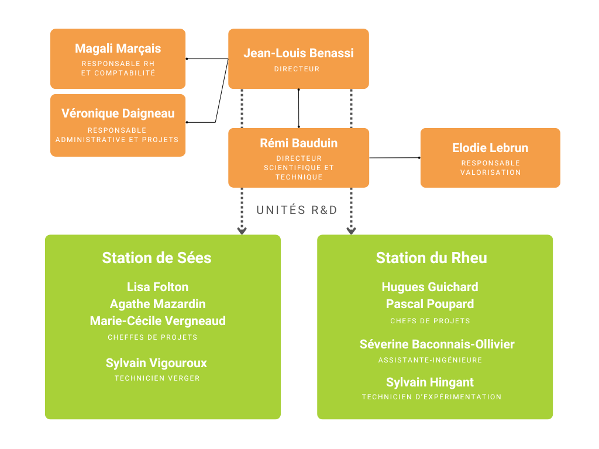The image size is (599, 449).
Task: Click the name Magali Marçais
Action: pyautogui.click(x=118, y=49)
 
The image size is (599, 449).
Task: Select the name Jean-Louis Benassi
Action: pyautogui.click(x=298, y=53)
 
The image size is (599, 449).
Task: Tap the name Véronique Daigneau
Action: pyautogui.click(x=118, y=114)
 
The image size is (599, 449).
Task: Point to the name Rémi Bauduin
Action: pyautogui.click(x=298, y=143)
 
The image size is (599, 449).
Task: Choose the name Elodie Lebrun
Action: pyautogui.click(x=490, y=148)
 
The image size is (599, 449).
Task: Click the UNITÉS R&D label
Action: pyautogui.click(x=297, y=210)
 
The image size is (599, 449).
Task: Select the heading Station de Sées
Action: pyautogui.click(x=157, y=258)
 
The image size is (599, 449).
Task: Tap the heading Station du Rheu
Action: pyautogui.click(x=431, y=258)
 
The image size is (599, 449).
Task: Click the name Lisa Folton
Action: pyautogui.click(x=157, y=286)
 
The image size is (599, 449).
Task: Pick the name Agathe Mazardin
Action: pyautogui.click(x=157, y=304)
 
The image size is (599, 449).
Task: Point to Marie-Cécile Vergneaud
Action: pyautogui.click(x=157, y=321)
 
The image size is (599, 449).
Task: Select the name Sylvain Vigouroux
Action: pyautogui.click(x=156, y=363)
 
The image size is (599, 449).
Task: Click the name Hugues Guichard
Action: pyautogui.click(x=430, y=286)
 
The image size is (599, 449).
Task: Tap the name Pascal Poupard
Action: pyautogui.click(x=430, y=304)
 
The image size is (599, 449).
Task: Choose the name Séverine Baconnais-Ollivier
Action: pyautogui.click(x=437, y=344)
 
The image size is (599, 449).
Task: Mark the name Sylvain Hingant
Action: pyautogui.click(x=430, y=382)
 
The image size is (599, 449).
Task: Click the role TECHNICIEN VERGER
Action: pyautogui.click(x=157, y=378)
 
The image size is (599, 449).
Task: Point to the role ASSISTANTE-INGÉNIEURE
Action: pyautogui.click(x=430, y=360)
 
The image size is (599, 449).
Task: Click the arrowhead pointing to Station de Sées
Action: pyautogui.click(x=242, y=230)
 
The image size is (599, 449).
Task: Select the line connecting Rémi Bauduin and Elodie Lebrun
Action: pyautogui.click(x=395, y=158)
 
